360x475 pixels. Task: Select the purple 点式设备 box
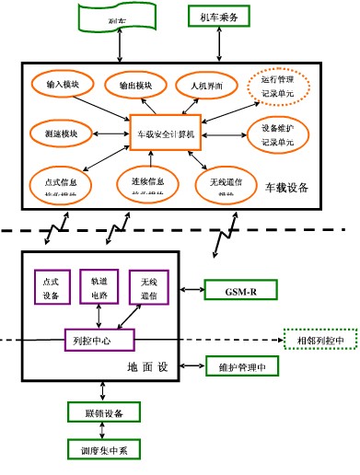click(x=51, y=286)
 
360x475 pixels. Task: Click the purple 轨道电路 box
click(x=99, y=286)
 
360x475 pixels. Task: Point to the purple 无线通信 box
click(x=149, y=286)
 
